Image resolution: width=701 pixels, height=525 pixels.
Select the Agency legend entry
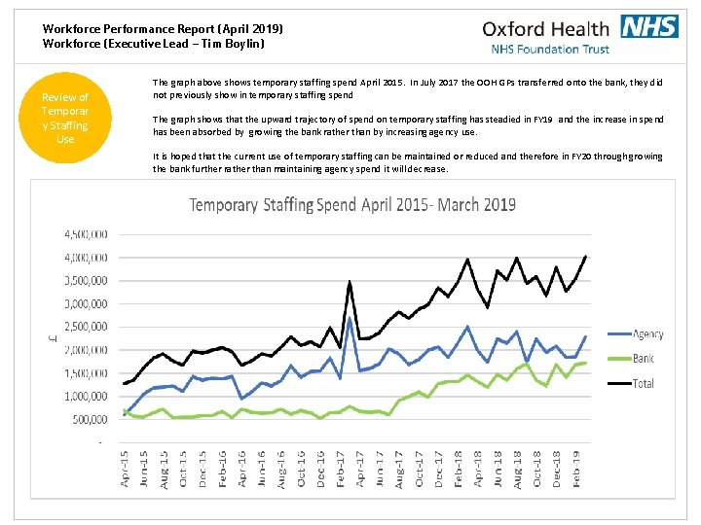647,334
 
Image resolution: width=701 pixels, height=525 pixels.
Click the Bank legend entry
643,359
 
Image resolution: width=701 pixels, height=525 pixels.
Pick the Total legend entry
644,383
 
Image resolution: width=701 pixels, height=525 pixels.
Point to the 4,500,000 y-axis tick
87,234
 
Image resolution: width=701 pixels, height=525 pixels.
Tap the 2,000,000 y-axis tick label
87,350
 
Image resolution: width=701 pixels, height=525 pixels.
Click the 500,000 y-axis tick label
90,419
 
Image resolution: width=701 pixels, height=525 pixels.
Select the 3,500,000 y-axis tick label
87,281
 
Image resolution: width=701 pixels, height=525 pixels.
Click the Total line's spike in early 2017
350,282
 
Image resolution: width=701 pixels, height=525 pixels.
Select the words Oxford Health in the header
545,28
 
